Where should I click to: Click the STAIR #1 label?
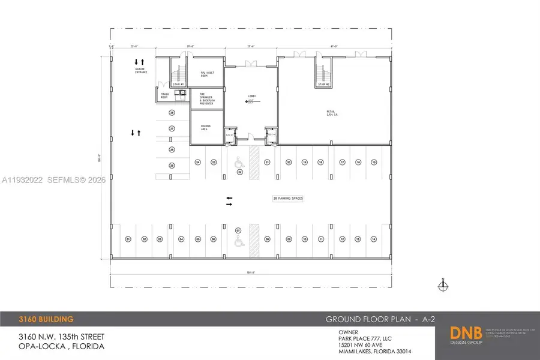coord(178,85)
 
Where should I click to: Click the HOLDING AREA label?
coord(204,127)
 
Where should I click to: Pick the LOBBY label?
coord(253,96)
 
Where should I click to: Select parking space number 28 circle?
coord(172,112)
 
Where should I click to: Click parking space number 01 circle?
coord(128,239)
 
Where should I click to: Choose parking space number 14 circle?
coord(374,239)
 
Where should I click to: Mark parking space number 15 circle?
coord(374,162)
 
